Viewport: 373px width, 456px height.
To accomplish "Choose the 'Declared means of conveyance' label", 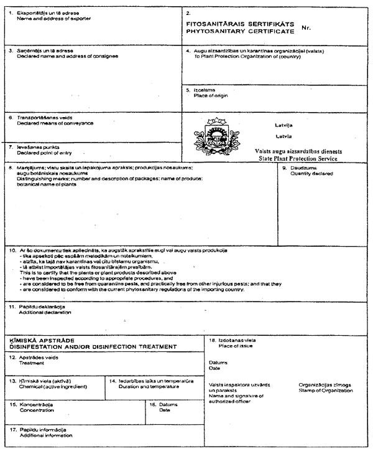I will (55, 123).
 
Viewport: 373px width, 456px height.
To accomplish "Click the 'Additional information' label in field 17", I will (46, 435).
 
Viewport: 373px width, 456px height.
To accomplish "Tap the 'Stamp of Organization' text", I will (326, 391).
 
